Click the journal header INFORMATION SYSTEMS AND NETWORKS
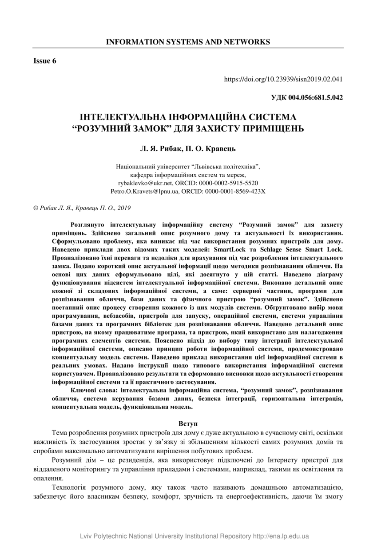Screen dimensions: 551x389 pos(188,42)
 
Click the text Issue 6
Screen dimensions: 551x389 pos(45,61)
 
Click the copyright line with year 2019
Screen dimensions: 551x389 pos(82,208)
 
